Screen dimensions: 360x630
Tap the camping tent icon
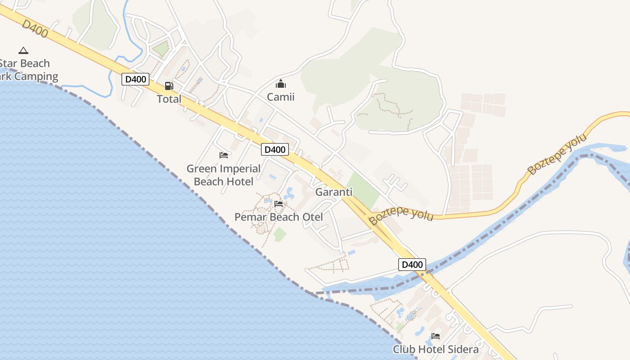pyautogui.click(x=23, y=50)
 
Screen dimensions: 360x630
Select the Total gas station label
pyautogui.click(x=169, y=99)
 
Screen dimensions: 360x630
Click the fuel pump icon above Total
pyautogui.click(x=169, y=85)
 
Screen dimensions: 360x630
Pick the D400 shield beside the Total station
pyautogui.click(x=135, y=80)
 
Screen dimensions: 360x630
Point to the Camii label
pyautogui.click(x=281, y=97)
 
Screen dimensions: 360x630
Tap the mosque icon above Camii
pyautogui.click(x=281, y=84)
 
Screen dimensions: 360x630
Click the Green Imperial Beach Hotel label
pyautogui.click(x=224, y=175)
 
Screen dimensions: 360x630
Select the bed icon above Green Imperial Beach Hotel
pyautogui.click(x=224, y=155)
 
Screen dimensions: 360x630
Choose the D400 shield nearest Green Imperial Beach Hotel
pyautogui.click(x=274, y=149)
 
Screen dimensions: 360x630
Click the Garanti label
pyautogui.click(x=334, y=192)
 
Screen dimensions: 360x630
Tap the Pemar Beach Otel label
pyautogui.click(x=279, y=217)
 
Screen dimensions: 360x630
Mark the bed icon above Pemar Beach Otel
pyautogui.click(x=279, y=204)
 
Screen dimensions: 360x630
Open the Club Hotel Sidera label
pyautogui.click(x=436, y=349)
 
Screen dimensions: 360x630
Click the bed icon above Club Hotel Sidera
pyautogui.click(x=435, y=336)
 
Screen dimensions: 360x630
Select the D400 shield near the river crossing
pyautogui.click(x=412, y=265)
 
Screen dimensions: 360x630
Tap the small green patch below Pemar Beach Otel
pyautogui.click(x=280, y=234)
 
